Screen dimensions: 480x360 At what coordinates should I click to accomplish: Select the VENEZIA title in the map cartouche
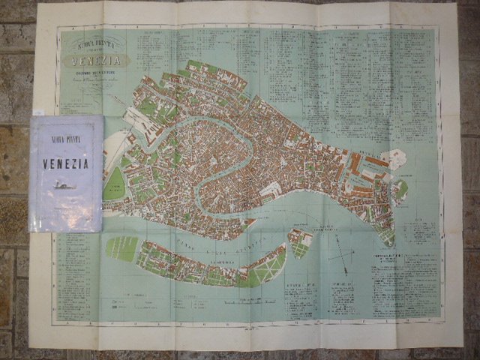pos(94,59)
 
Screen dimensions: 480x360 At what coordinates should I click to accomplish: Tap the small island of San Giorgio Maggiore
pos(300,241)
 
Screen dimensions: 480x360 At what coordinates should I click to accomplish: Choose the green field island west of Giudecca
pos(122,248)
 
